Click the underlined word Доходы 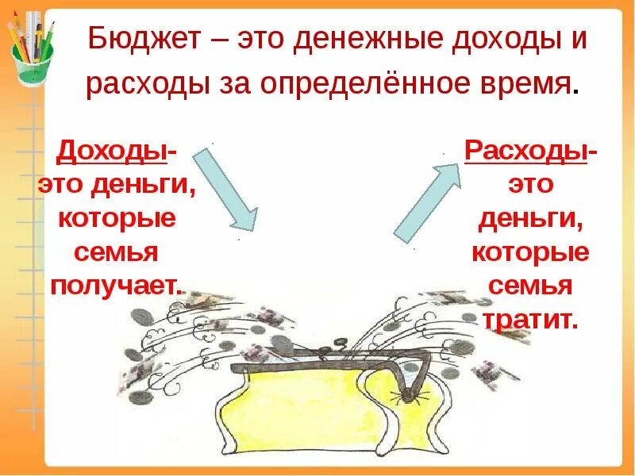click(x=115, y=150)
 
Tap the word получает click(x=115, y=285)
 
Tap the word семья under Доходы click(x=117, y=251)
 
